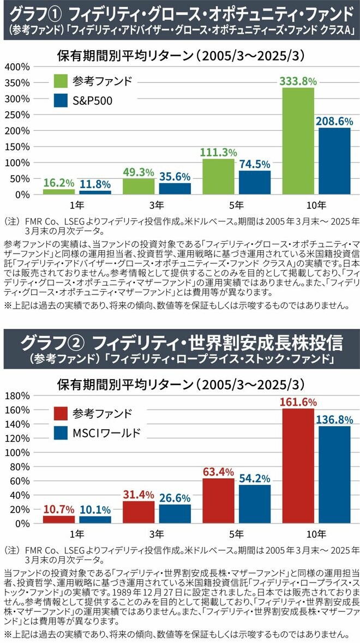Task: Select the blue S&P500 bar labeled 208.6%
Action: pyautogui.click(x=334, y=161)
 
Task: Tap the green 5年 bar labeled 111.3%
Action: pyautogui.click(x=218, y=176)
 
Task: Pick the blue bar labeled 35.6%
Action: pyautogui.click(x=175, y=188)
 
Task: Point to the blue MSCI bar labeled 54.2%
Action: pyautogui.click(x=254, y=503)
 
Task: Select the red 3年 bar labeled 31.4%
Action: pyautogui.click(x=139, y=512)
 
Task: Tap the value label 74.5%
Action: pyautogui.click(x=254, y=164)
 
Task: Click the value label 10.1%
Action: pyautogui.click(x=95, y=510)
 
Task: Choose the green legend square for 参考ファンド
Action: pyautogui.click(x=61, y=81)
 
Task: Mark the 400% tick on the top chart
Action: pyautogui.click(x=17, y=67)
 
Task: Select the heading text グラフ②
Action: pyautogui.click(x=52, y=342)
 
